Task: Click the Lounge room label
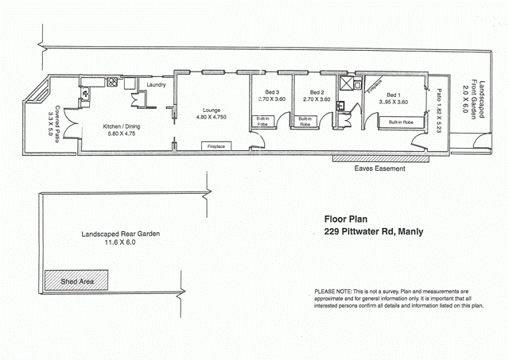point(211,110)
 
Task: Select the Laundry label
point(156,84)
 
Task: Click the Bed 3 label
point(271,91)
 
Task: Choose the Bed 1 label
point(394,93)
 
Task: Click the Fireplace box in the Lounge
point(214,147)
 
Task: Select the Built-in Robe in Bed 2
point(305,122)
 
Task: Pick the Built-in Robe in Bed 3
point(262,122)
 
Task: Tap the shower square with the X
point(348,82)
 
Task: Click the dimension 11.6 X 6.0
point(115,244)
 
